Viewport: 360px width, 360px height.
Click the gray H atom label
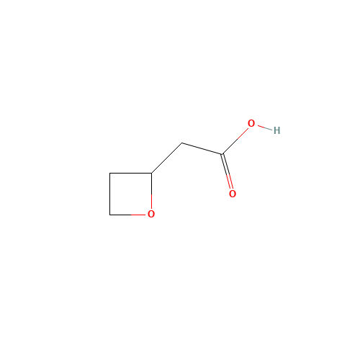pos(276,130)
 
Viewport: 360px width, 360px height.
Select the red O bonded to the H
pos(251,124)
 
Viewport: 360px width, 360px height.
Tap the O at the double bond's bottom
pos(232,194)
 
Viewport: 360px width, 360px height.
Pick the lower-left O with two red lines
pos(150,214)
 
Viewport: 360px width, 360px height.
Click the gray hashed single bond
pos(202,149)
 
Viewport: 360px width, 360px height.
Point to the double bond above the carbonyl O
pos(227,171)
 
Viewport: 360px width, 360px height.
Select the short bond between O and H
pos(264,127)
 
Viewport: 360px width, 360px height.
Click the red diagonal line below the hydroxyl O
pos(243,134)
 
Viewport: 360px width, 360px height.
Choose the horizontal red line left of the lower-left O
pos(138,215)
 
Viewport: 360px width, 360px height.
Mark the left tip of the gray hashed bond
pos(182,143)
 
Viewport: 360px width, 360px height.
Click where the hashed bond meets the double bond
pos(222,155)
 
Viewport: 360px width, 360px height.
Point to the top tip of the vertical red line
pos(151,194)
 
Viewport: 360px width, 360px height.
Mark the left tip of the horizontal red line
pos(130,215)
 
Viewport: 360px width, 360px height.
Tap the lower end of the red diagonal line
pos(238,140)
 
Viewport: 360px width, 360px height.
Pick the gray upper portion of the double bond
pos(225,163)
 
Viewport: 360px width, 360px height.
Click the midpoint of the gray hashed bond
pos(202,149)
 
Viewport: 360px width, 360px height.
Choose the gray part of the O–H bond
pos(269,129)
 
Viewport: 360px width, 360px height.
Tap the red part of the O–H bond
pos(260,127)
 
